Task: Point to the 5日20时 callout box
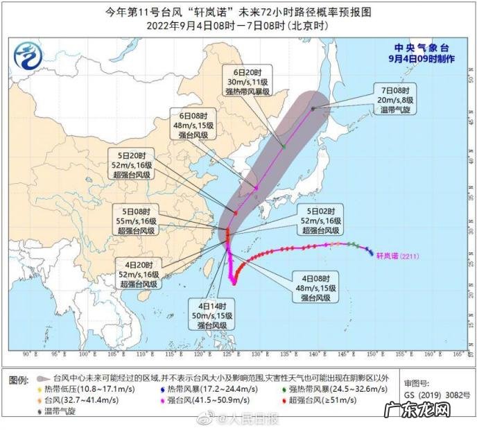(133, 164)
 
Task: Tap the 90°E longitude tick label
(30, 354)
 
